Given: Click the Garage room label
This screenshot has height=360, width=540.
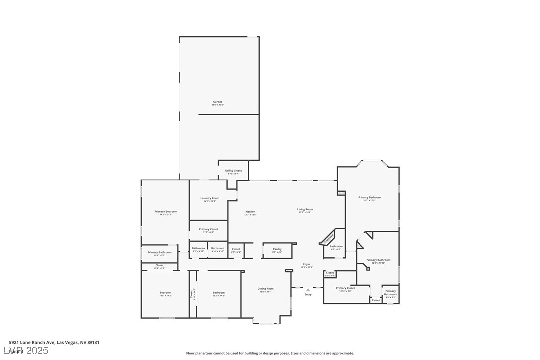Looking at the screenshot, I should (218, 102).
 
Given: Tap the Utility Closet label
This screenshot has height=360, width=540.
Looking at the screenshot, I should (233, 171).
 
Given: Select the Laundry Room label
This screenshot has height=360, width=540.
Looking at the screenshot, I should (210, 198).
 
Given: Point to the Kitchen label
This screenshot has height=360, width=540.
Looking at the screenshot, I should (250, 212).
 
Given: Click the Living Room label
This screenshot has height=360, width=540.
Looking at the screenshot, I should (305, 209).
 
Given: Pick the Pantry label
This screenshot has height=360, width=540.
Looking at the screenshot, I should (277, 249).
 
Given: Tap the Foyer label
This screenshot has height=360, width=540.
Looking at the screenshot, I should (306, 264).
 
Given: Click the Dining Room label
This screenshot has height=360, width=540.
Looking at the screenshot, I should (266, 289).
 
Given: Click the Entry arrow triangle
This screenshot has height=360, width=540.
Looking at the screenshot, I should (308, 290).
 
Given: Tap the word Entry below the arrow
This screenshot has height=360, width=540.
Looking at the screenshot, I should (308, 295).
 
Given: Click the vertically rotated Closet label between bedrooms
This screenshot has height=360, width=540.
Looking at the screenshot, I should (191, 294).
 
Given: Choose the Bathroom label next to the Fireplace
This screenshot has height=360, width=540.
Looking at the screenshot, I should (336, 246).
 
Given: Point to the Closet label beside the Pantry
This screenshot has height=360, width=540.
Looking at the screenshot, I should (236, 249).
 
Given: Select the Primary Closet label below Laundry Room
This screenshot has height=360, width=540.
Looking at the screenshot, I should (208, 229).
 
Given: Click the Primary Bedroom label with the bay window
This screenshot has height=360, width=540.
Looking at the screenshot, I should (369, 197).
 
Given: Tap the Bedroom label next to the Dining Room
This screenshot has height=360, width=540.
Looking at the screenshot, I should (219, 292).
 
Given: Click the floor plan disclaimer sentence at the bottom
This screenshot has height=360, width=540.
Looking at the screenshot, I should (270, 353).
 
